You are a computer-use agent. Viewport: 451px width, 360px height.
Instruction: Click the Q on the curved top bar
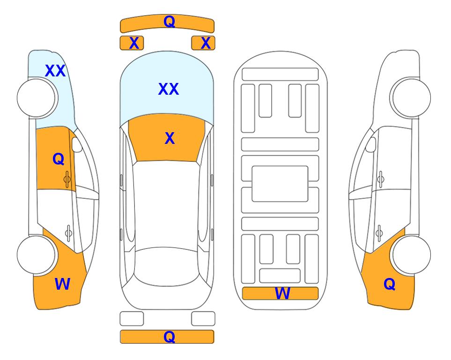[169, 22]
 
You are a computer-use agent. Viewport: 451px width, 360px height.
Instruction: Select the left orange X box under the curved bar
[132, 43]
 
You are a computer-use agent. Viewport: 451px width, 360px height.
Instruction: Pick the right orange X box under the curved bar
[203, 43]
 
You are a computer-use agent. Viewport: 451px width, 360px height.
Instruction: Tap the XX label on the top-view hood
[169, 89]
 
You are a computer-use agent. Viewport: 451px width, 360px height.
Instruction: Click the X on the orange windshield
[170, 138]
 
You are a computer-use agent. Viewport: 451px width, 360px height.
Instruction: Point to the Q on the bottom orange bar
[169, 337]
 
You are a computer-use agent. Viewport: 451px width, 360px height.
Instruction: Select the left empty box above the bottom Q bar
[132, 319]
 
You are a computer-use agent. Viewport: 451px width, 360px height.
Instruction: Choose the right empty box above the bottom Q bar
[203, 319]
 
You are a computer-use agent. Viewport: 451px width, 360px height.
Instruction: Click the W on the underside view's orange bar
[282, 293]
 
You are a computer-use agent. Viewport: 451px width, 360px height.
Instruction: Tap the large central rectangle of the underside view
[280, 184]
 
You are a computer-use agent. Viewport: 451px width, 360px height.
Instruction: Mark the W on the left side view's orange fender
[62, 284]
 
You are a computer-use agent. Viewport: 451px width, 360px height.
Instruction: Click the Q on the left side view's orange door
[59, 159]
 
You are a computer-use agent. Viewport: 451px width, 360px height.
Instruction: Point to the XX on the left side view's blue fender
[55, 71]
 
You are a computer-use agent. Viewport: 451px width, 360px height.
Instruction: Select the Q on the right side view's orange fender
[390, 284]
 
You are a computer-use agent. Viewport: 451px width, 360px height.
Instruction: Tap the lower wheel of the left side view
[36, 255]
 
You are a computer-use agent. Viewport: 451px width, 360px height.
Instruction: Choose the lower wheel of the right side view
[412, 255]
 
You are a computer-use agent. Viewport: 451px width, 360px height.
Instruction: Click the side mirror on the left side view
[77, 144]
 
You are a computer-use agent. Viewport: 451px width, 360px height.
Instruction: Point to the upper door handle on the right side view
[380, 179]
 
